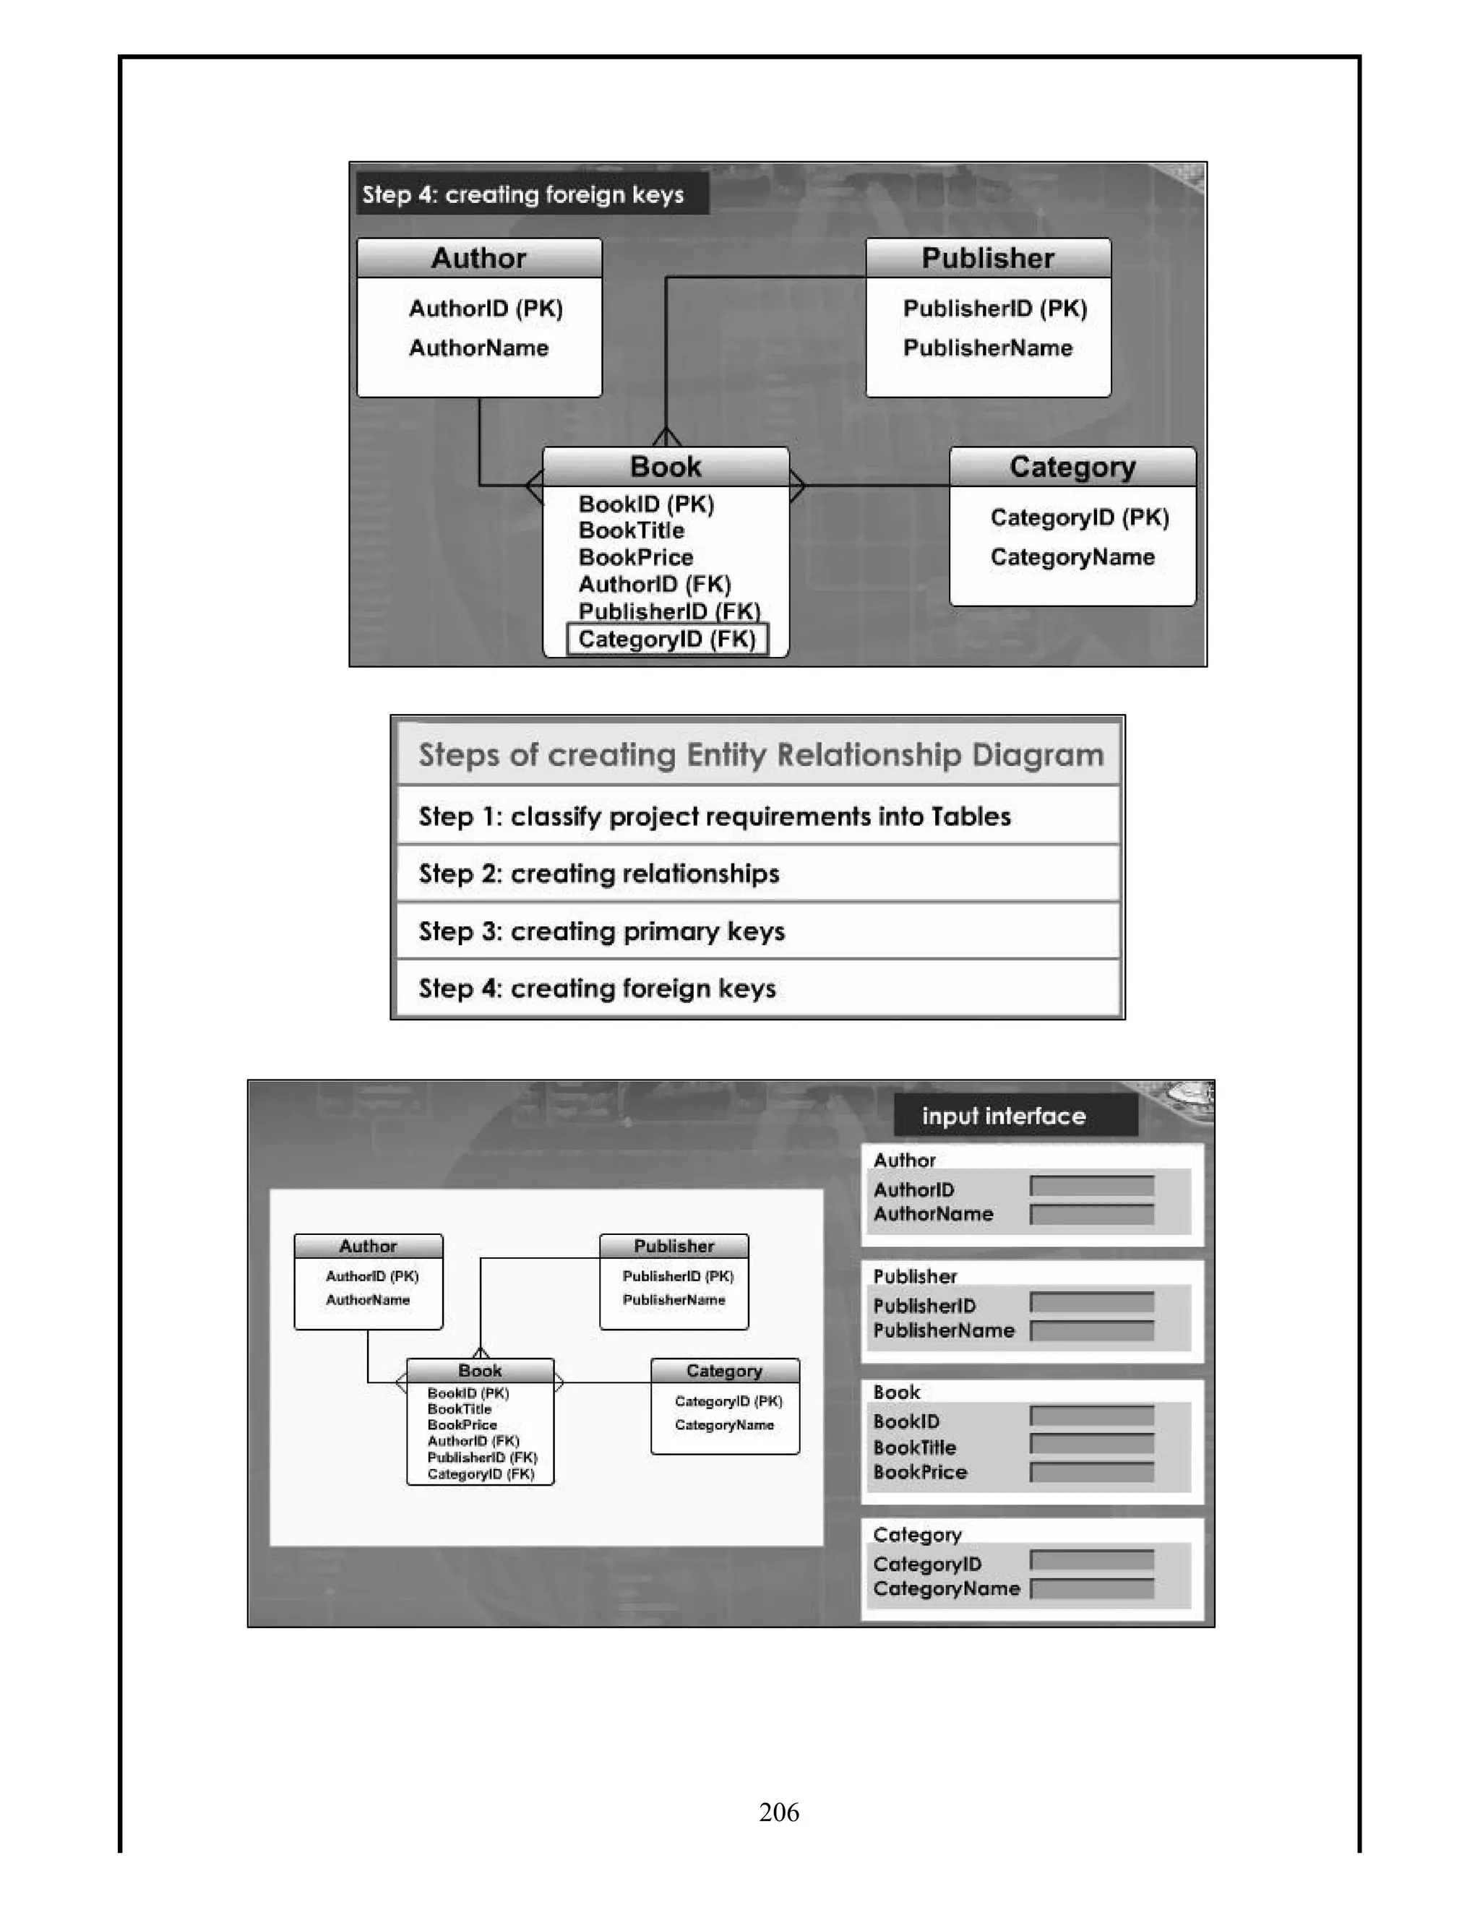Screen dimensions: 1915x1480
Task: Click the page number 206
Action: [778, 1812]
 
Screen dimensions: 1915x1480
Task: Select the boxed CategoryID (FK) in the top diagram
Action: [667, 640]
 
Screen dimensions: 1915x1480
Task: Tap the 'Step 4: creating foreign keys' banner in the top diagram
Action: [523, 194]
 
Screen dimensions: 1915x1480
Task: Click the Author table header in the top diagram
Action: [478, 259]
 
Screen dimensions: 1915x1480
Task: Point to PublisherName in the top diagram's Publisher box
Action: [987, 348]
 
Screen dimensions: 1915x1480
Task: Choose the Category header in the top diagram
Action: [1072, 468]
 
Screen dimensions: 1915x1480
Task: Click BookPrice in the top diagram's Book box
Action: [636, 558]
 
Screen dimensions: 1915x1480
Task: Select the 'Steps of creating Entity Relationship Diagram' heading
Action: [760, 755]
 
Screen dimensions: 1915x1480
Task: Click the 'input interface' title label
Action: [1003, 1116]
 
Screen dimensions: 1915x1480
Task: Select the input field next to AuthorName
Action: [1092, 1215]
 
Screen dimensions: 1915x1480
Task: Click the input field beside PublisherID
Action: [1092, 1303]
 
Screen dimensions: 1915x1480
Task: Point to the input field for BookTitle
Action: [1092, 1444]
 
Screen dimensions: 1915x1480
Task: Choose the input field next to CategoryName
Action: [1092, 1589]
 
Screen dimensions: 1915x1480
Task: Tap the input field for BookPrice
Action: [1092, 1472]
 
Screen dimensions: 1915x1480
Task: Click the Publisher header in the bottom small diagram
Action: [674, 1246]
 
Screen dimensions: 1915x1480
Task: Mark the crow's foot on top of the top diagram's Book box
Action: [666, 436]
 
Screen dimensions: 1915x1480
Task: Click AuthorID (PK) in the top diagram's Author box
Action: [486, 309]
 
